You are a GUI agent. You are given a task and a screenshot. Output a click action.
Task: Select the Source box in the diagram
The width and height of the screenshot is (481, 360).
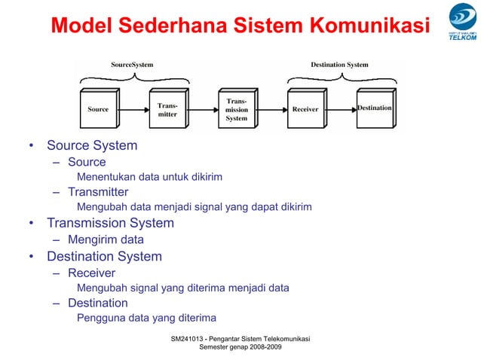[99, 109]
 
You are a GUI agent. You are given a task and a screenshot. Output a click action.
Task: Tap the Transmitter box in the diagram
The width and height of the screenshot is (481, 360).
[167, 110]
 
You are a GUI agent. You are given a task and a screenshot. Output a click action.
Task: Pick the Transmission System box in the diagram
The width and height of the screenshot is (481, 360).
[236, 109]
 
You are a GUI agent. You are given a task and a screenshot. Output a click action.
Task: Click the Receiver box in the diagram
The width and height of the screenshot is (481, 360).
[305, 109]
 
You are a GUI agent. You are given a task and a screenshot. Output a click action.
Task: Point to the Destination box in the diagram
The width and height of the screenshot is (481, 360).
[374, 108]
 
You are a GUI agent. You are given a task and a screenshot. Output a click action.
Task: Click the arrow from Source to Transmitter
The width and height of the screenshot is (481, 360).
[132, 109]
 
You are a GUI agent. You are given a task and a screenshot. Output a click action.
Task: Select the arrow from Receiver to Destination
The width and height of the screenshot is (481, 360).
[339, 109]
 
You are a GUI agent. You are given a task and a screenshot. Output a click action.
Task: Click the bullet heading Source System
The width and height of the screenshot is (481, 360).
[92, 145]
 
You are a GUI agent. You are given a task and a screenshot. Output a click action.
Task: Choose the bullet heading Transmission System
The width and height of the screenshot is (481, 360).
[110, 223]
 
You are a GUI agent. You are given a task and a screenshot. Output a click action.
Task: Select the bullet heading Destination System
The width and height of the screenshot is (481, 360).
[104, 256]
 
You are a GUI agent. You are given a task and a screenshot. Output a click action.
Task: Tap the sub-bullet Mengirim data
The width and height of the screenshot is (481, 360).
[106, 240]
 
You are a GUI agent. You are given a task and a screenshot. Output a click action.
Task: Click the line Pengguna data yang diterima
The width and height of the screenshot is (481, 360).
[146, 318]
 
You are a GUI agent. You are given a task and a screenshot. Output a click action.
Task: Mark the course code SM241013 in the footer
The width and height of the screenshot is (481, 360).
[191, 340]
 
